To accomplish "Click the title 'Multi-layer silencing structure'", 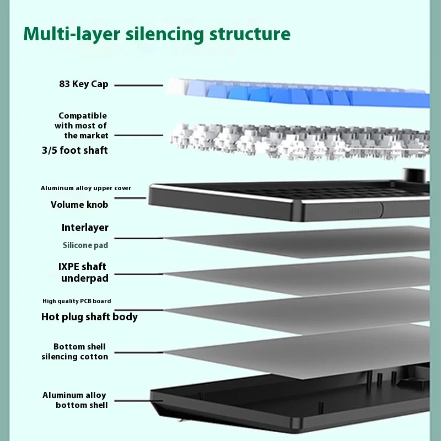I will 157,34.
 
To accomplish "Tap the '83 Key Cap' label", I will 84,84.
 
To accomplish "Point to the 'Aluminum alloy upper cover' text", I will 86,188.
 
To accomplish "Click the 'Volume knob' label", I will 79,205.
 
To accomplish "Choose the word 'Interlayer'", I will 85,228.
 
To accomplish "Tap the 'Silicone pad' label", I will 85,245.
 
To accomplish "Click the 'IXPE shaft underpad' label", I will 84,272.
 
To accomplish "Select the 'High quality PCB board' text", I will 77,301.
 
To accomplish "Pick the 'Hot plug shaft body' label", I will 89,317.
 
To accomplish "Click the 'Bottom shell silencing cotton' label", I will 75,352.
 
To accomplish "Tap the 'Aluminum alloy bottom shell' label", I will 75,400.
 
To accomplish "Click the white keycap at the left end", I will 175,87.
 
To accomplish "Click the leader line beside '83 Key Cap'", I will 138,85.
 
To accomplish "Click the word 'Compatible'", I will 83,116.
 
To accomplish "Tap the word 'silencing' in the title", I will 165,34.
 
